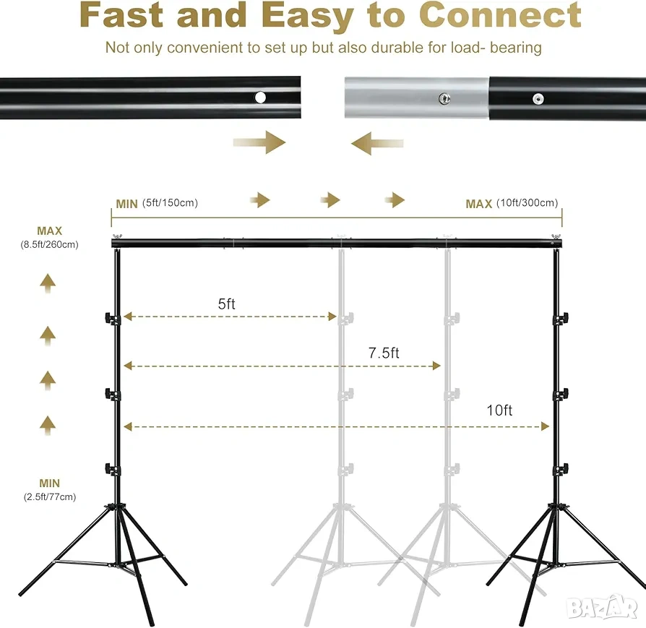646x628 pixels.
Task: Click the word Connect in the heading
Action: [x=500, y=15]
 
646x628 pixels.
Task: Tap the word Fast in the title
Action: [x=122, y=15]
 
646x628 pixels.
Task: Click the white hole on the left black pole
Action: [x=260, y=98]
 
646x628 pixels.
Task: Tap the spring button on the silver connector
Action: [x=444, y=98]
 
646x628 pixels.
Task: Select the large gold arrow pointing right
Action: [x=259, y=142]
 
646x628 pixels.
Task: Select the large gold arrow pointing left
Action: [x=377, y=143]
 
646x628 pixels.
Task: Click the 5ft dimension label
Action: [x=226, y=304]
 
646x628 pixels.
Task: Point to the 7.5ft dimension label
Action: [x=384, y=353]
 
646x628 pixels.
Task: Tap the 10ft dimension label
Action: [x=499, y=410]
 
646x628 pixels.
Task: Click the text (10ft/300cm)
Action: [x=527, y=203]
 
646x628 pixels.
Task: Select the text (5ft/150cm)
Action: [x=170, y=203]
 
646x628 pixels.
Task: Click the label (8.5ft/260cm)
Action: [x=49, y=244]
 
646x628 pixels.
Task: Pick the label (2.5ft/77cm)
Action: [x=50, y=496]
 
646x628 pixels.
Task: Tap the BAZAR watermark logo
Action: [x=601, y=607]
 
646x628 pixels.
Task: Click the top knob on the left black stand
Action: [x=111, y=318]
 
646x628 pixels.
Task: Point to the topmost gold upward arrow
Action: [x=48, y=283]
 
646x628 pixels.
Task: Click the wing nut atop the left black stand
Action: [x=117, y=236]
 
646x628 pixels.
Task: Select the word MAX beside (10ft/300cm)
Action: [x=479, y=204]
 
